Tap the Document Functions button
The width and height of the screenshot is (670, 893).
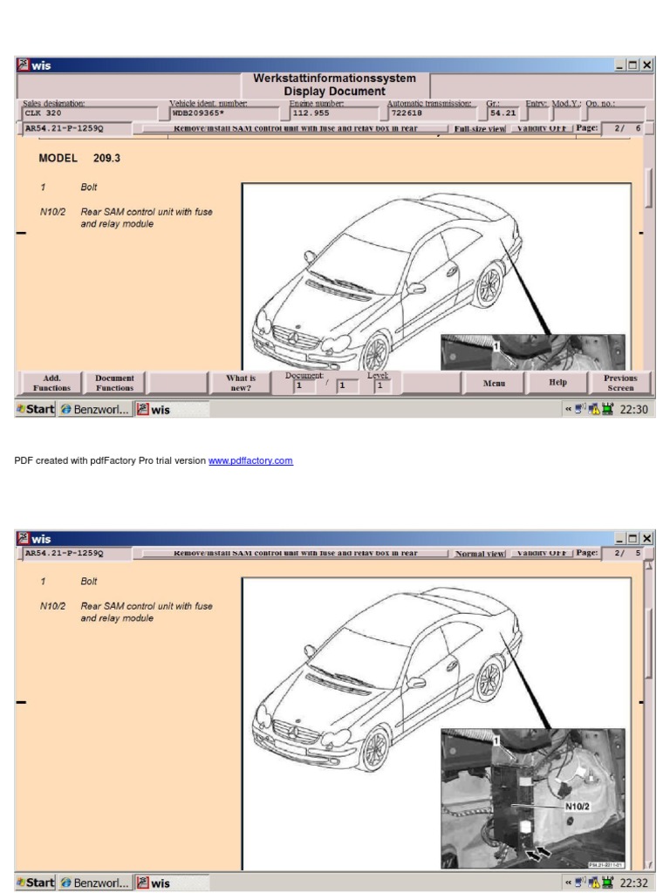(114, 383)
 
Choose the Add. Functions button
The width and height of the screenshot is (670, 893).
(49, 383)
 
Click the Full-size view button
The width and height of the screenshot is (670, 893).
(479, 128)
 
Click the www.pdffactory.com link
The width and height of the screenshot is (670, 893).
(250, 461)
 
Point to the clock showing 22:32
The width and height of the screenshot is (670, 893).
(632, 882)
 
